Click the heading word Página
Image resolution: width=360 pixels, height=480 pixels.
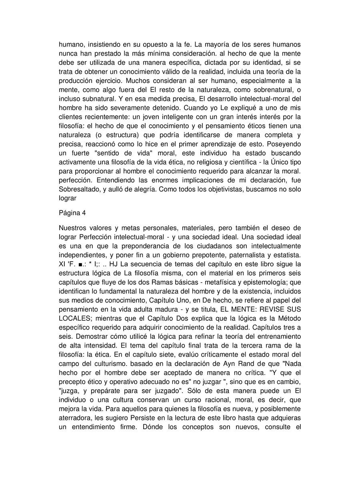(x=69, y=213)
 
